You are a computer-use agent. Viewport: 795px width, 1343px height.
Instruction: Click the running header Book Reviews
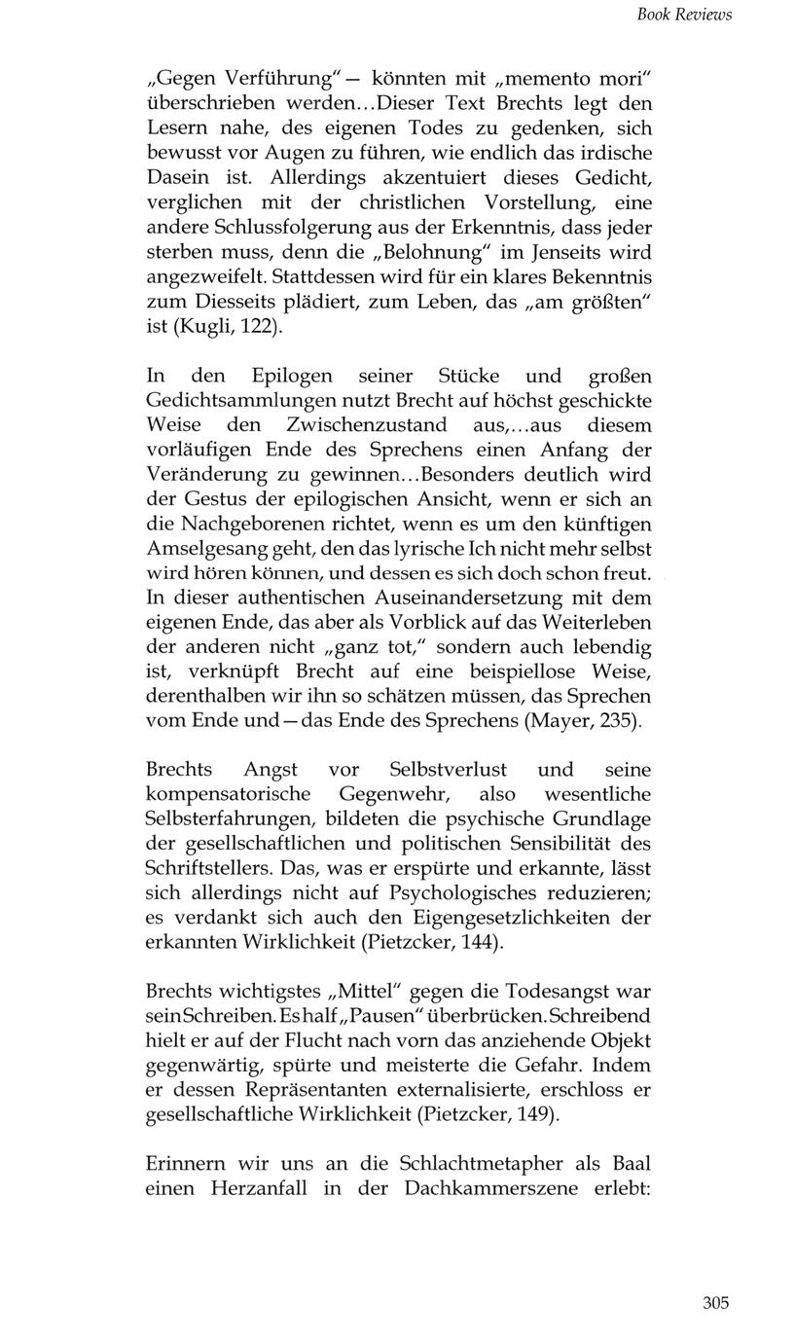tap(683, 15)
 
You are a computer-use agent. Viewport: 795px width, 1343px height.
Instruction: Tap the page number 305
tap(715, 1303)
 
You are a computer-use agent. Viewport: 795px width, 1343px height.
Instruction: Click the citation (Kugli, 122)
tap(227, 327)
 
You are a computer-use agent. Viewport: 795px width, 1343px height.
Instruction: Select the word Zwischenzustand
tap(367, 425)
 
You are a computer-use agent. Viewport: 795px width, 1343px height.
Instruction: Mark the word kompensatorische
tap(228, 794)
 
